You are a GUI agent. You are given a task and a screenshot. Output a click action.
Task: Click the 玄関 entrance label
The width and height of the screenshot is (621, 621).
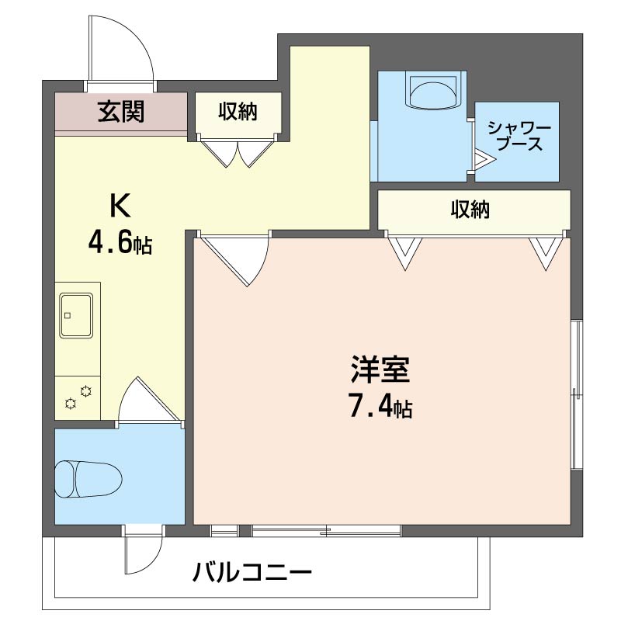[x=120, y=113]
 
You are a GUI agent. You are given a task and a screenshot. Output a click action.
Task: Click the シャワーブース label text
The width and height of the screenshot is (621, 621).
[x=519, y=136]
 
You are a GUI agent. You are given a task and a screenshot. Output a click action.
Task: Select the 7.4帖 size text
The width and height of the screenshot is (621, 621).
[x=378, y=406]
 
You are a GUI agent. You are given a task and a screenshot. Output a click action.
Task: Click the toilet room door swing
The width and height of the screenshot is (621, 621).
[x=147, y=401]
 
